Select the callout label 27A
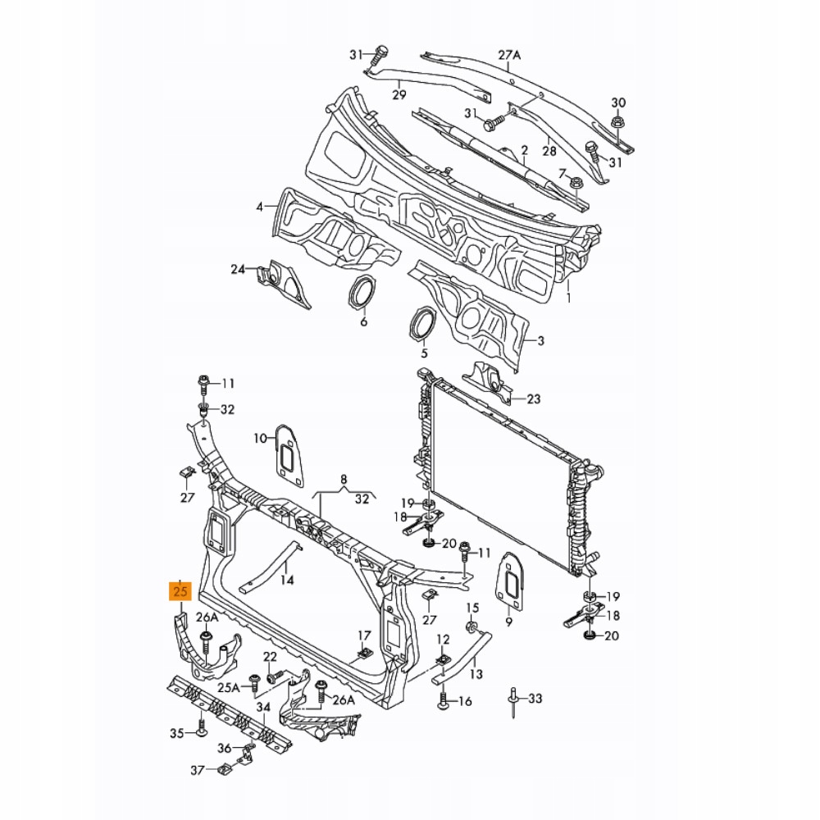point(509,56)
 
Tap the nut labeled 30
point(618,121)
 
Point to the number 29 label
point(399,95)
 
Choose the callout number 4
point(260,207)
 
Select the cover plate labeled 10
point(289,453)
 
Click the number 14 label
point(286,580)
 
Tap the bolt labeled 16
point(444,701)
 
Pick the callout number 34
point(262,707)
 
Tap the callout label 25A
point(228,687)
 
